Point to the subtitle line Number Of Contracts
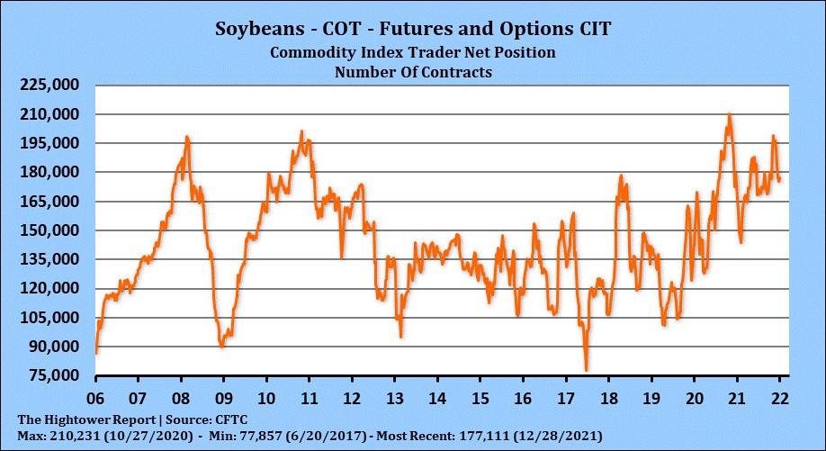tap(413, 72)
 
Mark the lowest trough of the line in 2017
tap(587, 369)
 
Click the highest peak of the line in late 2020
tap(729, 114)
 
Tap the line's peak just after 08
tap(187, 137)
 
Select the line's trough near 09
tap(222, 346)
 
